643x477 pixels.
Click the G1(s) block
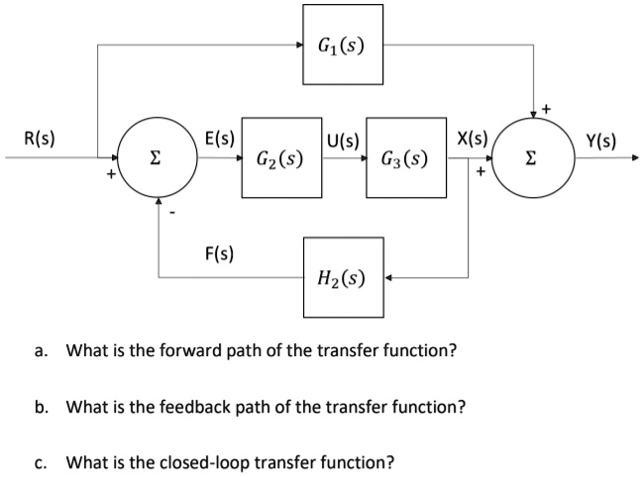click(342, 45)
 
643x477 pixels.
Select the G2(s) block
click(279, 157)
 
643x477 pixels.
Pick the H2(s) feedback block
click(342, 277)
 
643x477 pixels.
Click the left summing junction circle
click(156, 157)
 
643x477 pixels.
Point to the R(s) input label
click(39, 140)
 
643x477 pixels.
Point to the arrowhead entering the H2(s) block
click(387, 277)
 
